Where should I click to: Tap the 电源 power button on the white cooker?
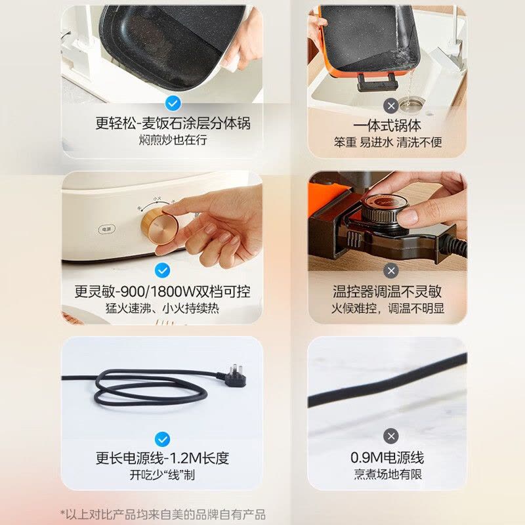[x=107, y=229]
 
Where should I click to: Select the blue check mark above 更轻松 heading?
[x=173, y=103]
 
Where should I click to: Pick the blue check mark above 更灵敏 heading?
[x=162, y=270]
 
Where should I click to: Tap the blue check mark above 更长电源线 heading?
[x=162, y=439]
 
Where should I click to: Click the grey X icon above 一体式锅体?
[x=390, y=106]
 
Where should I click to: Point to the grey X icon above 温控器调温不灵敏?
[x=390, y=271]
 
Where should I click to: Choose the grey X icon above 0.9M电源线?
[x=390, y=436]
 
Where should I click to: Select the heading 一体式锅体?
[x=387, y=125]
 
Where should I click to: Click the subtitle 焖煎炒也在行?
[x=173, y=140]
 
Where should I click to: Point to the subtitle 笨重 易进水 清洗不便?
[x=388, y=142]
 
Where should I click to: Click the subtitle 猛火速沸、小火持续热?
[x=162, y=308]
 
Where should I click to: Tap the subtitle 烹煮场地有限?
[x=388, y=474]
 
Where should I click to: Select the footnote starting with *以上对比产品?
[x=163, y=514]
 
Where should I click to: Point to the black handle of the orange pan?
[x=377, y=82]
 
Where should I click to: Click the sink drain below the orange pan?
[x=412, y=104]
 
